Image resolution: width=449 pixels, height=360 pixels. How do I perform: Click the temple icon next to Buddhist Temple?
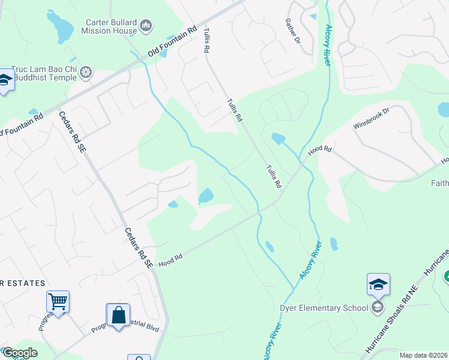[87, 73]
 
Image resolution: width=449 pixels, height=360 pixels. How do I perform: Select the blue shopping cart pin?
[58, 302]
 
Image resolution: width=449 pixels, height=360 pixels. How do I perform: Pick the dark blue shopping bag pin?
[118, 314]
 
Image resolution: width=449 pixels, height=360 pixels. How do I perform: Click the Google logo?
[19, 353]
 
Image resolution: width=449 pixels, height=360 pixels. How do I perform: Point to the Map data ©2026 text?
[423, 355]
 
